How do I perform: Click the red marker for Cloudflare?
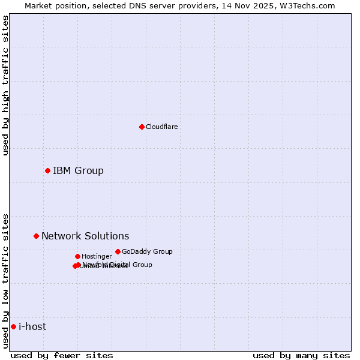(142, 127)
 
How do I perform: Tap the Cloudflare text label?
(162, 127)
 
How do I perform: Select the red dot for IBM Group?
(47, 170)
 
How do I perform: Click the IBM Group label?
(78, 170)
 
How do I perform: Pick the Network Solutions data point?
(36, 236)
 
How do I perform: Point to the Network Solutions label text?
(85, 236)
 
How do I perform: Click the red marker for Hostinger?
(77, 256)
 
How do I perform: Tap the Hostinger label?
(97, 256)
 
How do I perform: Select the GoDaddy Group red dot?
(118, 251)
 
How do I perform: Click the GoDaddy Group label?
(147, 251)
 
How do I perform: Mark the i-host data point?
(13, 326)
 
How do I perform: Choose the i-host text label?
(32, 326)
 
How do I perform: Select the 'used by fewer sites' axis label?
(62, 355)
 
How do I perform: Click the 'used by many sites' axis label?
(301, 355)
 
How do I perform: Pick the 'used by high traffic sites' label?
(5, 85)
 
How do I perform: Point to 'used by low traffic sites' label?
(5, 281)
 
